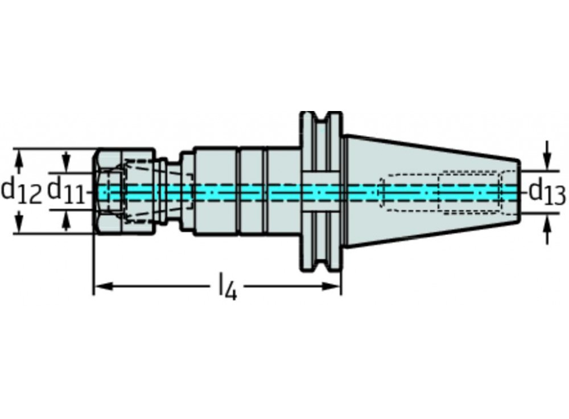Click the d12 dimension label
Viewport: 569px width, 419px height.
tap(22, 191)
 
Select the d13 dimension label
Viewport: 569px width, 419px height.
tap(547, 192)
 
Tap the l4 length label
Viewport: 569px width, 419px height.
tap(227, 287)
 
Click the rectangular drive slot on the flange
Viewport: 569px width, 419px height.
tap(320, 192)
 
